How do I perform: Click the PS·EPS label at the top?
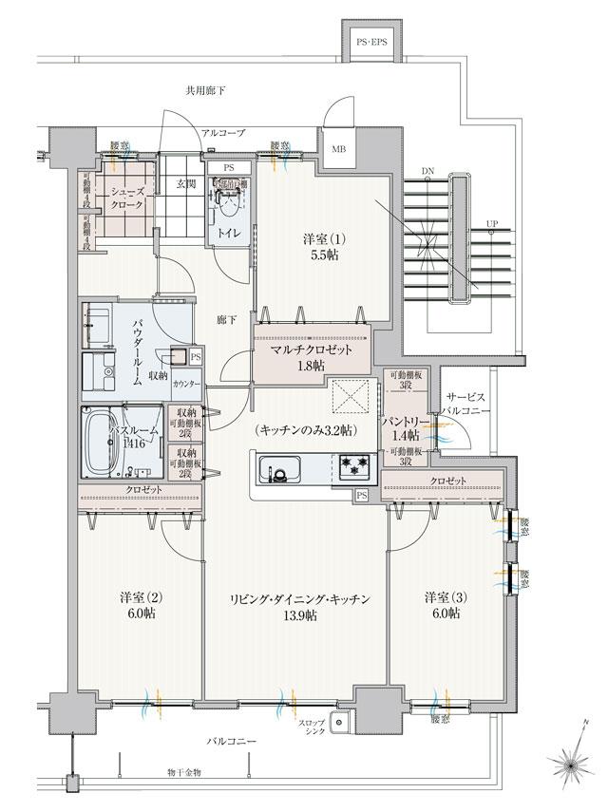372,44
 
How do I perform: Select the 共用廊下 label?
206,92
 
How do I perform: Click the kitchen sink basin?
279,468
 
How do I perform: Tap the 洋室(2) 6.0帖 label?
140,606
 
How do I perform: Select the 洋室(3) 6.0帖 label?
443,606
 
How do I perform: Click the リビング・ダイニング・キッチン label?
297,606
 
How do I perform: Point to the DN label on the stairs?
429,171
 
